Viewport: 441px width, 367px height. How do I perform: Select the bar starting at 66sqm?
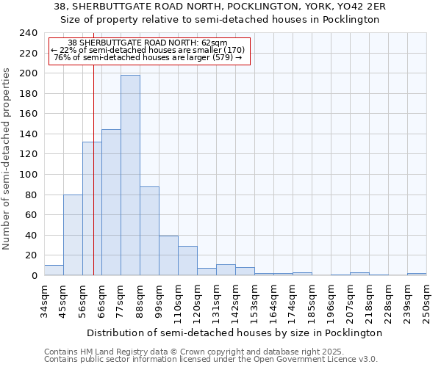click(111, 202)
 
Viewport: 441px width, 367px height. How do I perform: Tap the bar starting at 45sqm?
click(73, 235)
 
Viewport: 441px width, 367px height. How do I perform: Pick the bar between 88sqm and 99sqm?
click(149, 230)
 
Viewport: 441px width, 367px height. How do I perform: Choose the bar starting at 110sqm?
click(187, 261)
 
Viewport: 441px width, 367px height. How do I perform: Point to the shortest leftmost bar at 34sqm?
click(54, 270)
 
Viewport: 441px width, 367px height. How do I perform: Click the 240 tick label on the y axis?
click(28, 33)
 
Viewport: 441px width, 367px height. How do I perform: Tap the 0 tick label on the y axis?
click(34, 275)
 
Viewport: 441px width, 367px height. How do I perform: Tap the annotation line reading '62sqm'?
click(150, 43)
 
